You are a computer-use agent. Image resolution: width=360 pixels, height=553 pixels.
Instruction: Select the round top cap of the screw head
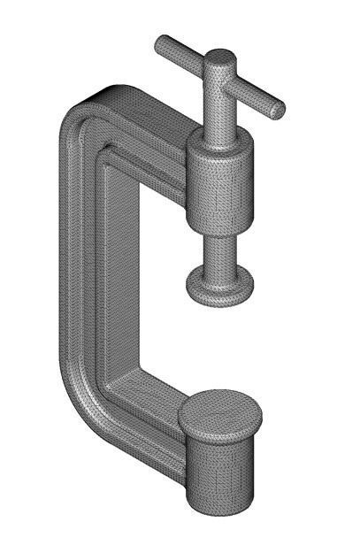[219, 61]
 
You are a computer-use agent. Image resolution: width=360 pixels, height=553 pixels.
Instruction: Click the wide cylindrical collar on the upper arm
[218, 180]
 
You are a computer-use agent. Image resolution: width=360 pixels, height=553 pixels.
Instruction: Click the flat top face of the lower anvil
[220, 411]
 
